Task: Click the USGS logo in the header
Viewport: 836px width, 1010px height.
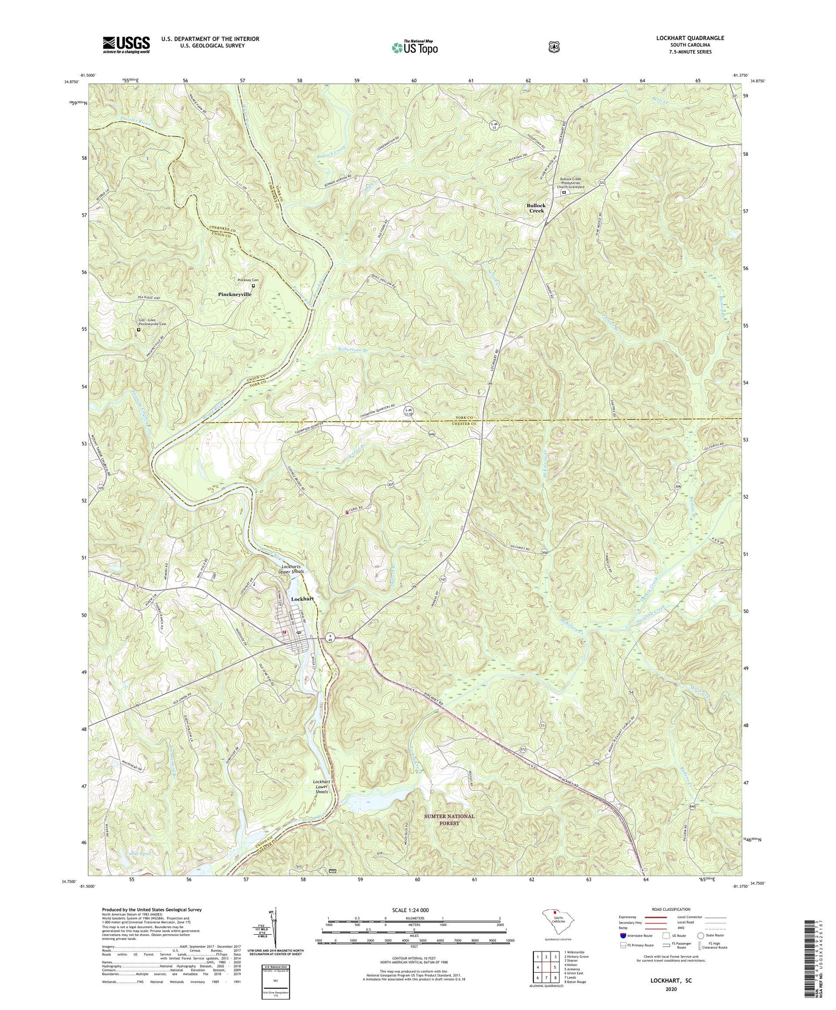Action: [x=126, y=45]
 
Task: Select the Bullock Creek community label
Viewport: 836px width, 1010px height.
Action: [x=536, y=208]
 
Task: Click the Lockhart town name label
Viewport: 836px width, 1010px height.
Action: [x=303, y=598]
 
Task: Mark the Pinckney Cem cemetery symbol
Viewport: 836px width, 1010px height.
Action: [x=254, y=286]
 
